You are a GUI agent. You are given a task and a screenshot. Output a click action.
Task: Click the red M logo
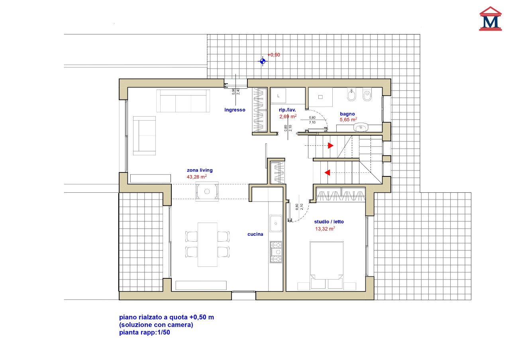pyautogui.click(x=490, y=19)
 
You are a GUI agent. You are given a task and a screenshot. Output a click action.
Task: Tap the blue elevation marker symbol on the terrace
pyautogui.click(x=263, y=61)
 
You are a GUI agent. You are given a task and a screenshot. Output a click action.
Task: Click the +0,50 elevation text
pyautogui.click(x=274, y=55)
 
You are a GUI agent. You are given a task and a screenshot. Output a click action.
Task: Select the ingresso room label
pyautogui.click(x=235, y=110)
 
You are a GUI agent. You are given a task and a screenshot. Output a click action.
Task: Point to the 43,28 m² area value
pyautogui.click(x=197, y=177)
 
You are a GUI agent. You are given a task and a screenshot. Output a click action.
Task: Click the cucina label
pyautogui.click(x=255, y=234)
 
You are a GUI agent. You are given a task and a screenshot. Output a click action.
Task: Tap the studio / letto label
pyautogui.click(x=329, y=222)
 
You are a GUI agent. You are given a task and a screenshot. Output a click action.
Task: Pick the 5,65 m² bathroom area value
pyautogui.click(x=348, y=119)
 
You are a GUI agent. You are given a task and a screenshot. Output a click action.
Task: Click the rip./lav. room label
pyautogui.click(x=287, y=110)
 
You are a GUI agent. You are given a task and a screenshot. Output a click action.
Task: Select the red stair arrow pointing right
pyautogui.click(x=331, y=145)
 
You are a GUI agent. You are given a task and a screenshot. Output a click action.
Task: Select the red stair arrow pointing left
pyautogui.click(x=327, y=173)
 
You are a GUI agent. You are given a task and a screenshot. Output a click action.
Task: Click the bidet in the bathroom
pyautogui.click(x=351, y=94)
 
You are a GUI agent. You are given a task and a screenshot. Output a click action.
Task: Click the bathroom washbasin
pyautogui.click(x=361, y=127)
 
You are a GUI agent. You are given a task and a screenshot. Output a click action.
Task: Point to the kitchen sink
pyautogui.click(x=276, y=223)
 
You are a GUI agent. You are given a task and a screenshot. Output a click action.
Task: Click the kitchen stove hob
pyautogui.click(x=276, y=252)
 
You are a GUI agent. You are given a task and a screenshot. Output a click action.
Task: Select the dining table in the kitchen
pyautogui.click(x=208, y=245)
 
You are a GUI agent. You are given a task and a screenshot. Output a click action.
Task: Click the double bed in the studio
pyautogui.click(x=326, y=265)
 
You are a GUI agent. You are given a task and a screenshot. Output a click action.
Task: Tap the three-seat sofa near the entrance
pyautogui.click(x=183, y=101)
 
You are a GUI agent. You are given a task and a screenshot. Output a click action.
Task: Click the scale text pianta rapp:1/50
pyautogui.click(x=145, y=333)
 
